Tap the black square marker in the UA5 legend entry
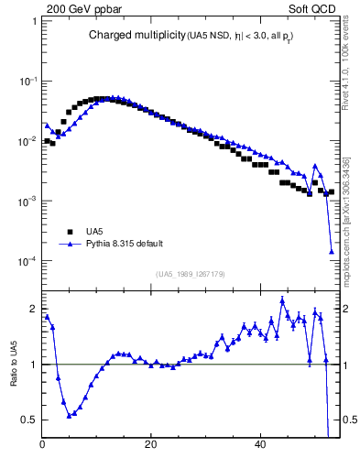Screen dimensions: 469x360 point(70,231)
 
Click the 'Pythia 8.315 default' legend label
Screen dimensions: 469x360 point(125,244)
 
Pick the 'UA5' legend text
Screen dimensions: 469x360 point(94,231)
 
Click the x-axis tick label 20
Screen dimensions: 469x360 point(151,446)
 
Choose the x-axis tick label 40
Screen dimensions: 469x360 point(260,446)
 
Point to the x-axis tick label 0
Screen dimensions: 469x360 point(43,446)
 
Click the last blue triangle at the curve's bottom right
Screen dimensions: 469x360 point(332,251)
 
